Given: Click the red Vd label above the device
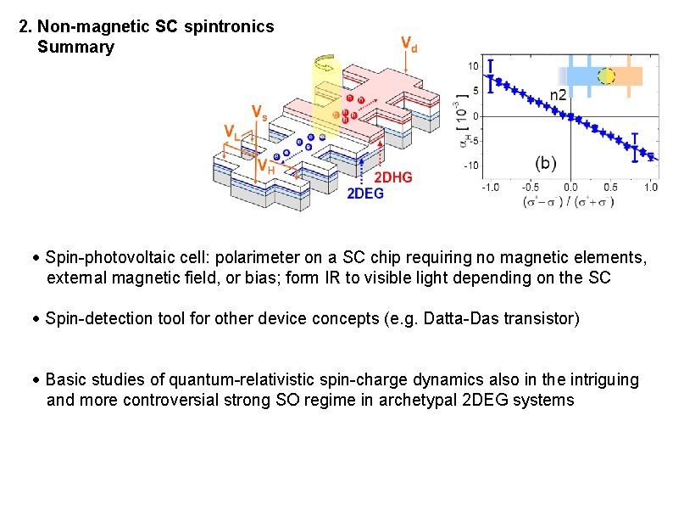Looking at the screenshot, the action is [x=408, y=44].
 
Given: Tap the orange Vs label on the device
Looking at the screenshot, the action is [x=261, y=112].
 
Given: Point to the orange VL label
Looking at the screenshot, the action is [x=231, y=131].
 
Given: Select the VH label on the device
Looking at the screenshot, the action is [x=266, y=166].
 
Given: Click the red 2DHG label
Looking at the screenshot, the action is [x=394, y=177].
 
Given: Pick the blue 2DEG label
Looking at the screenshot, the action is [x=365, y=194].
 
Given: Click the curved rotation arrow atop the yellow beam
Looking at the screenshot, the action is [x=325, y=62].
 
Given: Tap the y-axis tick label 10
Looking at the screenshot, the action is [x=474, y=66].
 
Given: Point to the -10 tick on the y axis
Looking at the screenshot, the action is [x=470, y=166].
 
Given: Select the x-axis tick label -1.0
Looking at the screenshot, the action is [x=490, y=188].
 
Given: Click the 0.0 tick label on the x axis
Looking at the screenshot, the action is [x=570, y=188].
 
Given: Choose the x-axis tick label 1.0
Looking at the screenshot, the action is [x=651, y=188].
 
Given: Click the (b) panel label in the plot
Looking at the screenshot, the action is [x=546, y=162].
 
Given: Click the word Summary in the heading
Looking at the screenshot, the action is [x=75, y=48].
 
